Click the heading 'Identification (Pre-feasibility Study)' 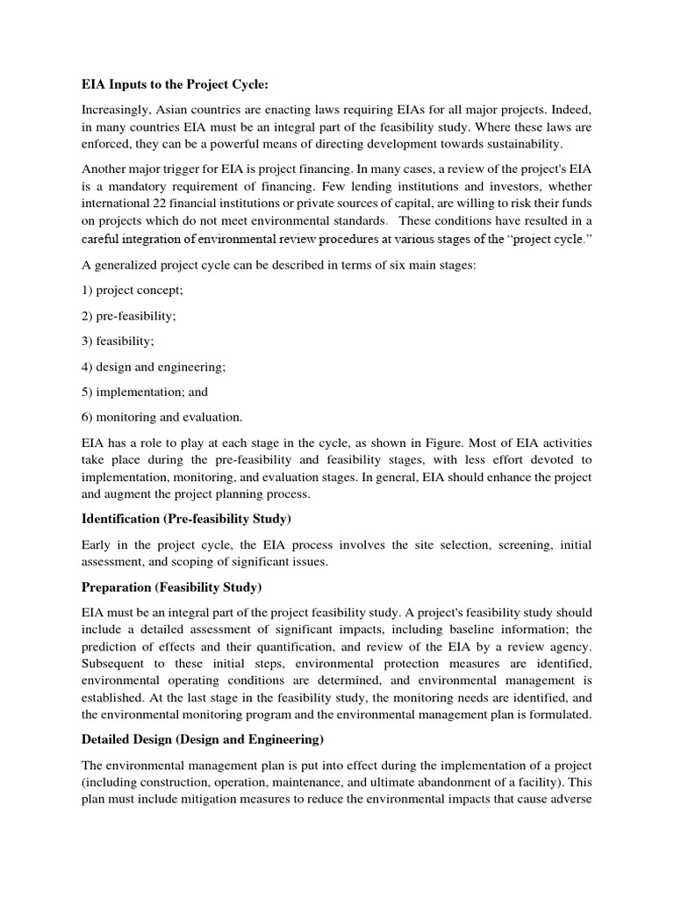pos(186,520)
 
